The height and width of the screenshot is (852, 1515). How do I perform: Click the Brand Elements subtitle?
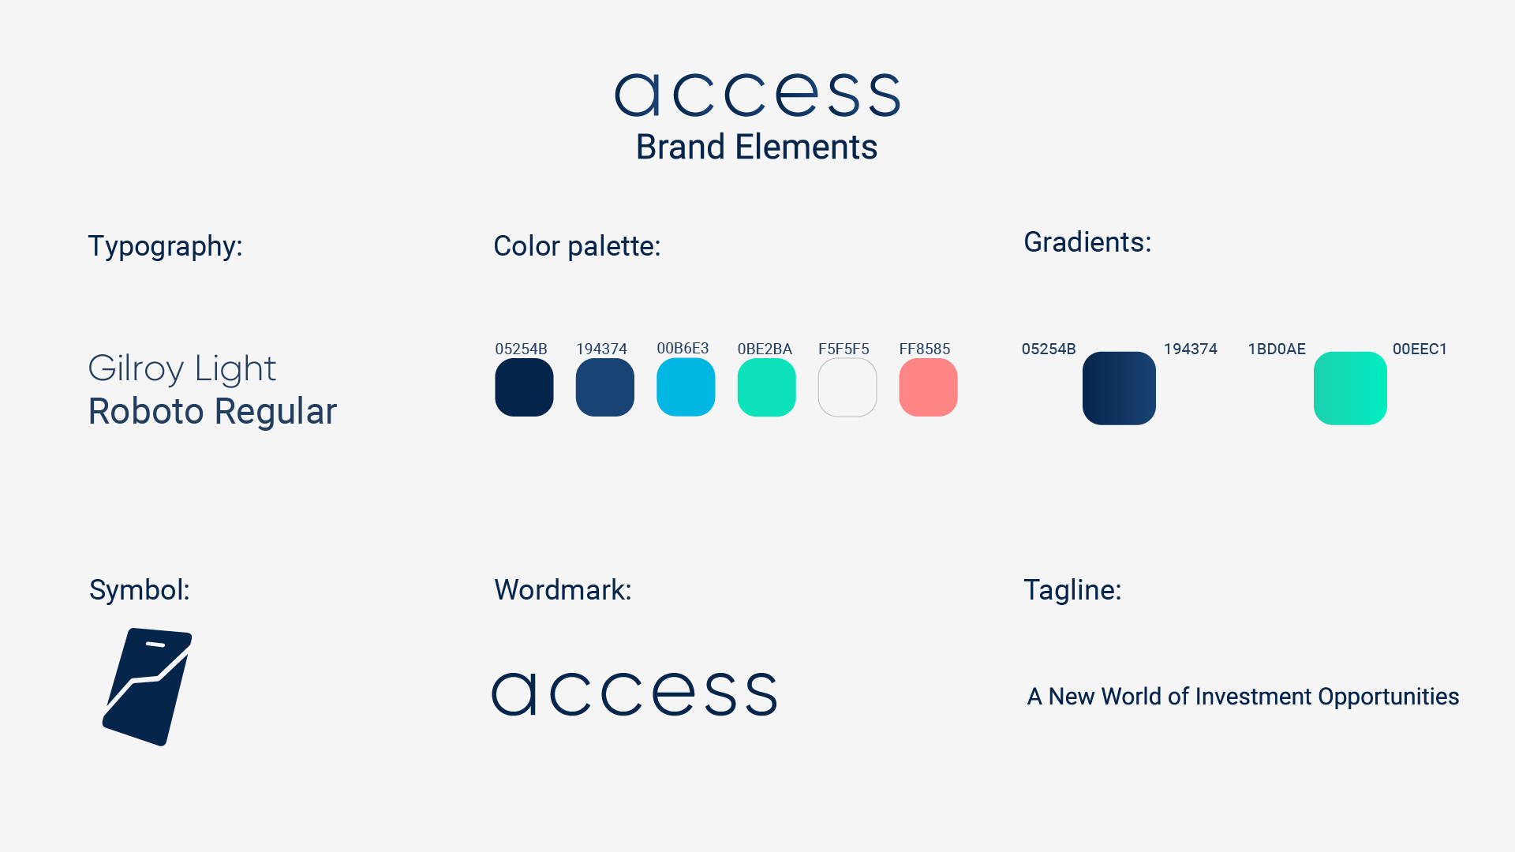click(x=757, y=147)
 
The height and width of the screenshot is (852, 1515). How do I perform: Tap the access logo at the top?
click(x=757, y=95)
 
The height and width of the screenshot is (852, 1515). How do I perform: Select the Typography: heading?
click(x=165, y=246)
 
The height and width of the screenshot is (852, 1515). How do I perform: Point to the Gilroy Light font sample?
click(x=182, y=368)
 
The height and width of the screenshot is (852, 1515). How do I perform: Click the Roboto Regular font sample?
click(x=212, y=411)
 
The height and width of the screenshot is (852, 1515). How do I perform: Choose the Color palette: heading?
click(x=577, y=246)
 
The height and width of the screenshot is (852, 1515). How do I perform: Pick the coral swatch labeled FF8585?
click(x=928, y=387)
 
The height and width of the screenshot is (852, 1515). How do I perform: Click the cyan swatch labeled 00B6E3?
click(x=686, y=387)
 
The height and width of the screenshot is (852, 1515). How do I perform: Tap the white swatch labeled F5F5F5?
click(x=847, y=387)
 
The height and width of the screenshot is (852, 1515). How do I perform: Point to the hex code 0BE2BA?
click(x=765, y=349)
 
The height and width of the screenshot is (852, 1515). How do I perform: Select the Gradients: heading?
click(x=1087, y=242)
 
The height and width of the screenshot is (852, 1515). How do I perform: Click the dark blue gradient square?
click(x=1119, y=388)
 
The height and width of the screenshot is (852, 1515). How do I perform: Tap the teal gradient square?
click(x=1350, y=388)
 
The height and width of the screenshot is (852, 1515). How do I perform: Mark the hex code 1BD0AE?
click(x=1277, y=349)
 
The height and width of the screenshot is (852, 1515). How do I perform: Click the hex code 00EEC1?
click(x=1420, y=349)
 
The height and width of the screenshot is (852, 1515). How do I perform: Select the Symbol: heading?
click(x=140, y=590)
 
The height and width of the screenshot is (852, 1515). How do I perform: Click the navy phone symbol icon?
click(x=148, y=687)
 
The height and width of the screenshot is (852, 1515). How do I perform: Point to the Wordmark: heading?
click(x=563, y=590)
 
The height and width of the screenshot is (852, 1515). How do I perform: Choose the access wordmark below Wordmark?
click(x=634, y=694)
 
